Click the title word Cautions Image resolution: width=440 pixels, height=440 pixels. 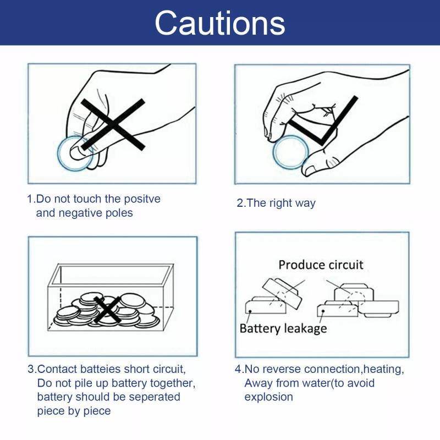(220, 23)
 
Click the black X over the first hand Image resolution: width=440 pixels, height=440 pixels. (113, 124)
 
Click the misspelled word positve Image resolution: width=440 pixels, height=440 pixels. (141, 199)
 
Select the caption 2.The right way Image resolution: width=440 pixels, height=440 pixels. (276, 203)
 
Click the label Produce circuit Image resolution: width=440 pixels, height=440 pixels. (321, 265)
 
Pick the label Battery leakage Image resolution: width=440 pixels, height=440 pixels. (283, 328)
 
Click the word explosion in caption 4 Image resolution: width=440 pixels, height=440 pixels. (268, 397)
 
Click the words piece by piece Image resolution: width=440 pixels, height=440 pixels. (74, 411)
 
